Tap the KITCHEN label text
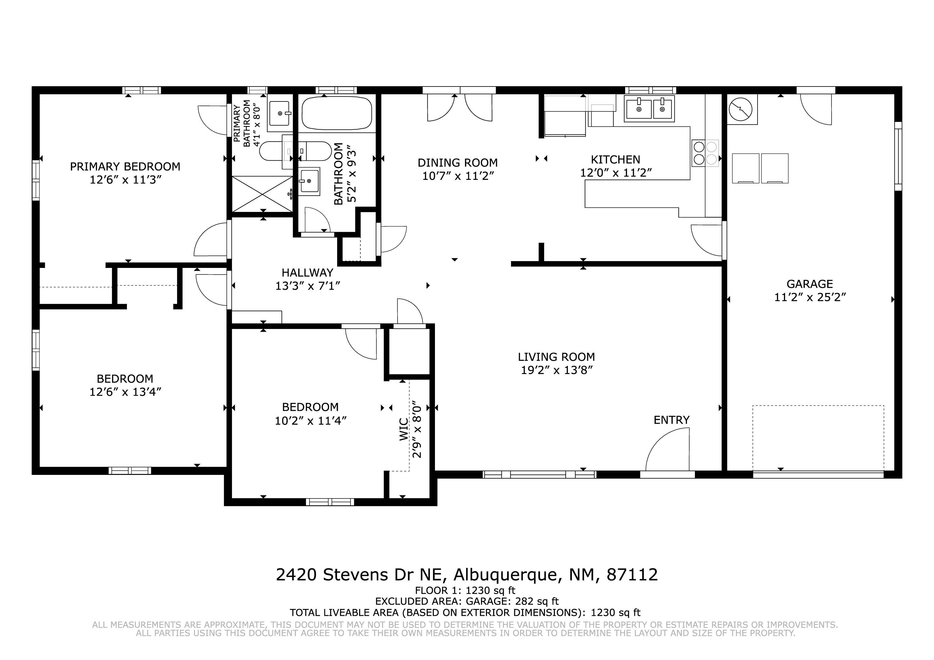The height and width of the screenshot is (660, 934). click(616, 159)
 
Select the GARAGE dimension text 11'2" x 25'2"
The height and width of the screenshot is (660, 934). click(809, 297)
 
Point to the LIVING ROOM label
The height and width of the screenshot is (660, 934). click(556, 357)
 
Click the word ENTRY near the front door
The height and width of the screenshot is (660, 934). click(672, 420)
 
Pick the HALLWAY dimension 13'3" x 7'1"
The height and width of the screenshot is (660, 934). click(308, 286)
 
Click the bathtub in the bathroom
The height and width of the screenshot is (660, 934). click(337, 113)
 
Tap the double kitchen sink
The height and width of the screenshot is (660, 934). click(650, 109)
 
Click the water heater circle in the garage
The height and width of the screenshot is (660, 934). click(740, 110)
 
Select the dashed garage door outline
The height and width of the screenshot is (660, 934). click(818, 438)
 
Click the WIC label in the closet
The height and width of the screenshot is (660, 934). click(404, 429)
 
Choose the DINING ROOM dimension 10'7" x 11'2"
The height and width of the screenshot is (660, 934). click(458, 176)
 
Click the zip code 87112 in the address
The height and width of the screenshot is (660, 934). click(632, 575)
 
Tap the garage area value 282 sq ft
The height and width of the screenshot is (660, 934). click(537, 601)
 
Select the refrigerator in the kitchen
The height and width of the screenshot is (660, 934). click(565, 116)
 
